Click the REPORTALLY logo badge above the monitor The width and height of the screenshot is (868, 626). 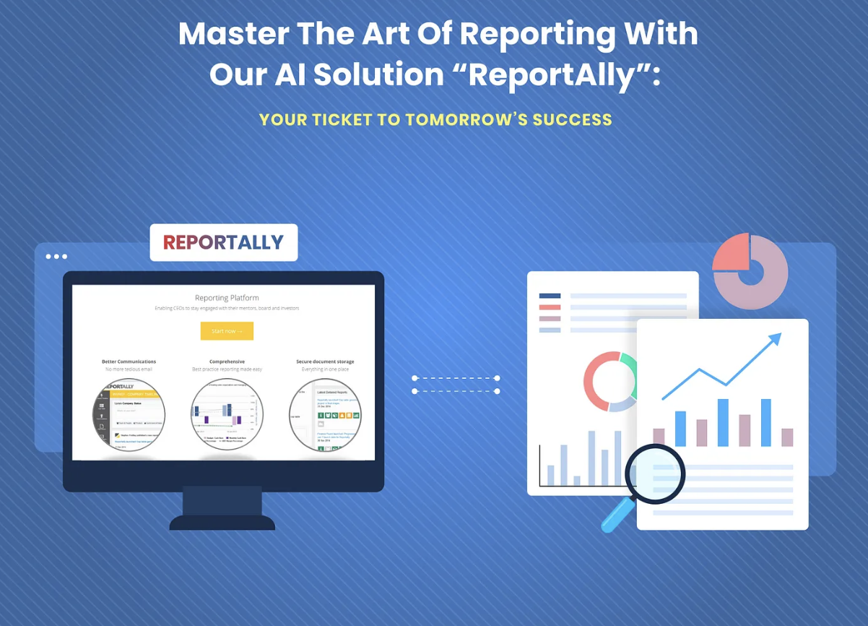tap(223, 243)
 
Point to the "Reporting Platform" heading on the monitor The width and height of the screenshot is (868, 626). tap(227, 298)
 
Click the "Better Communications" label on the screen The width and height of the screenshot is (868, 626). tap(129, 361)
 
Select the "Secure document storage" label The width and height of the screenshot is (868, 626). tap(325, 361)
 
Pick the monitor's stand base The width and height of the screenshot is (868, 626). tap(222, 521)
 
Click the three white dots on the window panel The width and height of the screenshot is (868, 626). tap(56, 257)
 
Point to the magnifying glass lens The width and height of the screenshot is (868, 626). tap(654, 473)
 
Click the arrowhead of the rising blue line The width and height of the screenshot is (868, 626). tap(775, 338)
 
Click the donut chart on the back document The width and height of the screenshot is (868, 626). tap(609, 382)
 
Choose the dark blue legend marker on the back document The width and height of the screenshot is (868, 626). tap(550, 296)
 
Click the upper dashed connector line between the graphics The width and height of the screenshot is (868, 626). tap(456, 378)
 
